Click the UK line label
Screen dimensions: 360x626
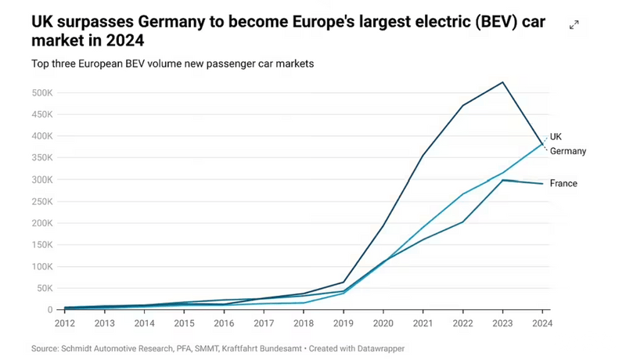556,136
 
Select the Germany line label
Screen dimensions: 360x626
568,151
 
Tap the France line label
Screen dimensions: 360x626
563,184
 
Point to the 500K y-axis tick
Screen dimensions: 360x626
42,93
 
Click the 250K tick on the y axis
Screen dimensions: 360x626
42,202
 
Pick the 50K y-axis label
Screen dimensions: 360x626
45,289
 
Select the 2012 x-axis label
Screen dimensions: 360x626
65,322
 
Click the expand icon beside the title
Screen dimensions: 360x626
574,25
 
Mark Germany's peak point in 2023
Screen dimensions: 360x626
503,82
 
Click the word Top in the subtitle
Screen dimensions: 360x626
41,64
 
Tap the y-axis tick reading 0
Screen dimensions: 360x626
50,311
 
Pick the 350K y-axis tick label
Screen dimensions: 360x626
42,158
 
